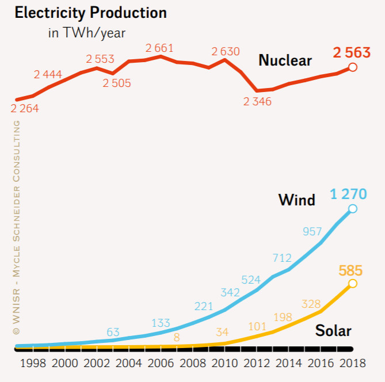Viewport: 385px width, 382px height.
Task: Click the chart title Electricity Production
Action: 90,13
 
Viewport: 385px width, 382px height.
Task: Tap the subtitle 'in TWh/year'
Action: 86,33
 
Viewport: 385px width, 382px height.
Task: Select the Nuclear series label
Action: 285,60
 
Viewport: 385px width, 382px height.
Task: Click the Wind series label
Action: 297,200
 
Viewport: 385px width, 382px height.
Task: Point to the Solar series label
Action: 333,331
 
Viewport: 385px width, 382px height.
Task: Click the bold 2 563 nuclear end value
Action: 351,54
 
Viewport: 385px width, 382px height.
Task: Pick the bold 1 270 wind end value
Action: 348,194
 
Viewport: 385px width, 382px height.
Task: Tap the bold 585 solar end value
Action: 350,270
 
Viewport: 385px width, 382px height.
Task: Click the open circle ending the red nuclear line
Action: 353,67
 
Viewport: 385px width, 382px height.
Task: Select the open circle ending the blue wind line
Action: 353,209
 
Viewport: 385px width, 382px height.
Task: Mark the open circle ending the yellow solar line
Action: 353,283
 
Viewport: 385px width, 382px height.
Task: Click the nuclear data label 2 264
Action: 24,108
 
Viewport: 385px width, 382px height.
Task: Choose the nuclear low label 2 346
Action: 257,102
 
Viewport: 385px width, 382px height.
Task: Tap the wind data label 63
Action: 113,332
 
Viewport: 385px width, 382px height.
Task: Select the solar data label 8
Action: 176,337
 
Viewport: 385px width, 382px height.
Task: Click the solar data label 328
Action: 312,303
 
